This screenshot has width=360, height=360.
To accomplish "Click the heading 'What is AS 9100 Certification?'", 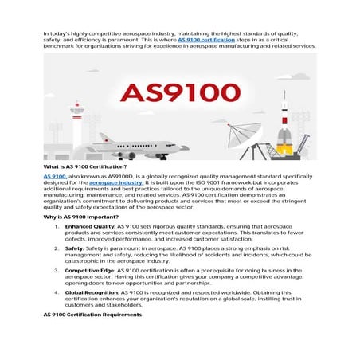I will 84,166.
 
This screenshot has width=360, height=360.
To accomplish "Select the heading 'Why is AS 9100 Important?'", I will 80,217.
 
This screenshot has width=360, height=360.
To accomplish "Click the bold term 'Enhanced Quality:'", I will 89,227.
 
